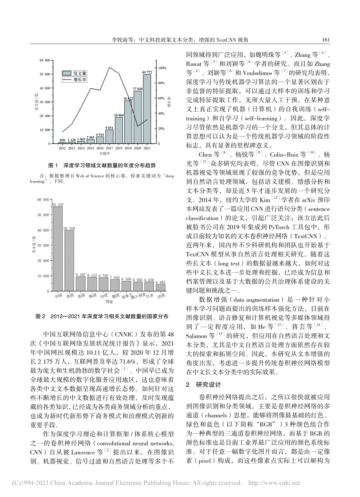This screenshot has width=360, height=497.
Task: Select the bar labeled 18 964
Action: click(119, 130)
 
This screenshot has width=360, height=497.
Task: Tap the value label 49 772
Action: click(147, 72)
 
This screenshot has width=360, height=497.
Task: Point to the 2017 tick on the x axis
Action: click(109, 148)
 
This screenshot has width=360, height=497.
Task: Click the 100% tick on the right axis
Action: click(161, 68)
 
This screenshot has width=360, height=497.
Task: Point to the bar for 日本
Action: click(149, 286)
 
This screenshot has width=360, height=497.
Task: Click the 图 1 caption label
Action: click(53, 166)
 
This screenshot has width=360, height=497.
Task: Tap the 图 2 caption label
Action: click(40, 316)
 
